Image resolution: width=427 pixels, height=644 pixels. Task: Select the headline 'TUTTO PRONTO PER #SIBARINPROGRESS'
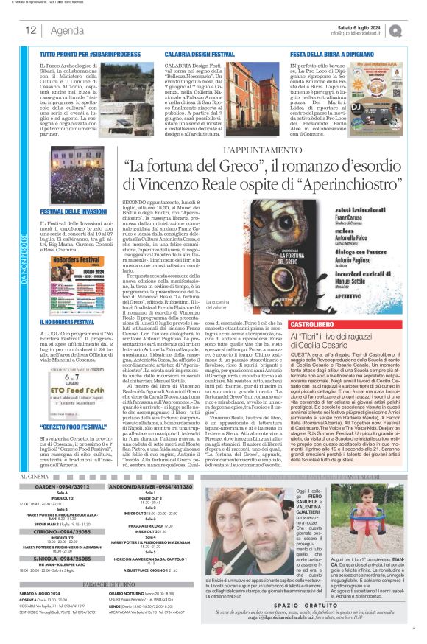coord(80,55)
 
